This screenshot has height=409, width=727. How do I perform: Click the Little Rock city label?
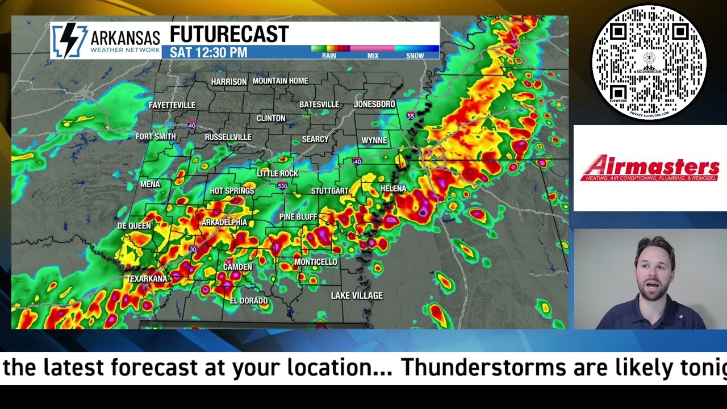tap(277, 173)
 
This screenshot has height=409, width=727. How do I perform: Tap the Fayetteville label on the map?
tap(172, 105)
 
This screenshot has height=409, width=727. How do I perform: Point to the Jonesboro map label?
tap(374, 104)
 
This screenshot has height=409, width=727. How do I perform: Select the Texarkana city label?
tap(147, 278)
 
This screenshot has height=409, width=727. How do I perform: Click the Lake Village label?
tap(357, 295)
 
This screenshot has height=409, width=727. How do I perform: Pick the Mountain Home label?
tap(280, 81)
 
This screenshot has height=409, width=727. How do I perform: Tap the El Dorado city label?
tap(248, 301)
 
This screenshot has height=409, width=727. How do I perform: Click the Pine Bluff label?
tap(298, 217)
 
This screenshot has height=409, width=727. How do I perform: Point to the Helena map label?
tap(393, 189)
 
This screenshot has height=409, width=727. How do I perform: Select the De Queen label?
tap(134, 226)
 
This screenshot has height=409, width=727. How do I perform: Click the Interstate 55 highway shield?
tap(411, 116)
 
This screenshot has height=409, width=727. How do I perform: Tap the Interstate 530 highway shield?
tap(282, 186)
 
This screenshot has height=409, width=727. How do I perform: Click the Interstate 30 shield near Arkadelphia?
tap(193, 249)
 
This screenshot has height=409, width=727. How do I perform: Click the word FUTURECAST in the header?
tap(229, 35)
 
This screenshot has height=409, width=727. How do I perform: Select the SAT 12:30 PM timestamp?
tap(208, 53)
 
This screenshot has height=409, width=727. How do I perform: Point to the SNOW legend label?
tap(415, 56)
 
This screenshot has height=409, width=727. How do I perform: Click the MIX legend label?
tap(373, 56)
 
